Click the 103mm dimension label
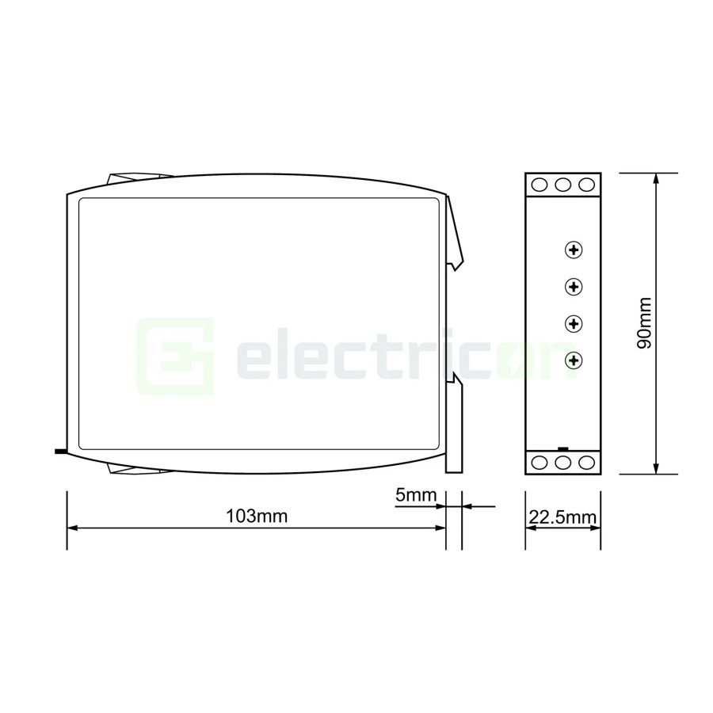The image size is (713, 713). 256,517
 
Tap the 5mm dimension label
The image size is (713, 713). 416,496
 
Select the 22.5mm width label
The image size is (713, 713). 562,518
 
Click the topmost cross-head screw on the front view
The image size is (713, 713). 574,250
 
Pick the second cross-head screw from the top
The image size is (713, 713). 574,287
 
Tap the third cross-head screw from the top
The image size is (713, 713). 574,324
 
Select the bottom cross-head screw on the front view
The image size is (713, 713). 574,361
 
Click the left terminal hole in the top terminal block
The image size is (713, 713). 540,185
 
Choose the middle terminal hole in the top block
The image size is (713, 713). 563,185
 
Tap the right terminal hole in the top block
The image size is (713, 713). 586,185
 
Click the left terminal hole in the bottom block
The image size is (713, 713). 540,463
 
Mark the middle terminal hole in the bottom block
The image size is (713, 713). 563,463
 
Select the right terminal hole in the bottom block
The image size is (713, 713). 586,463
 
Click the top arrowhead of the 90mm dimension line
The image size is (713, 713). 655,178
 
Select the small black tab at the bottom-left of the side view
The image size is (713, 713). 59,453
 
